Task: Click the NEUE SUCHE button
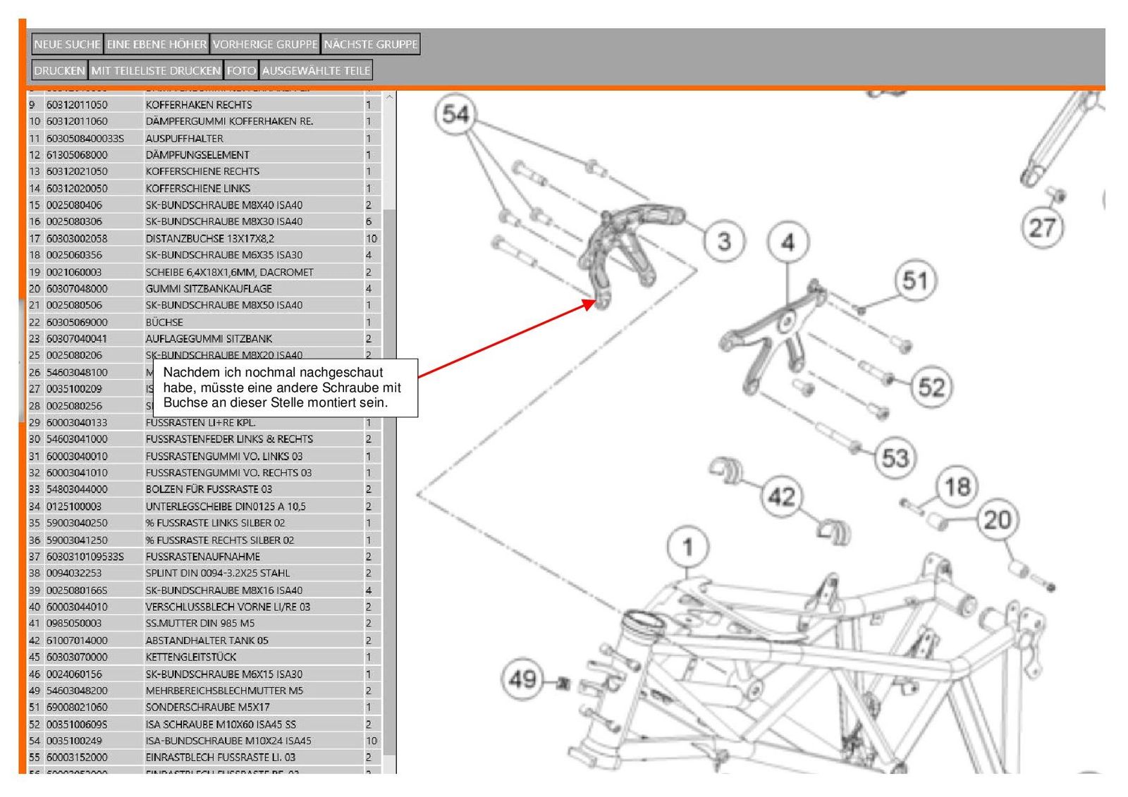[67, 44]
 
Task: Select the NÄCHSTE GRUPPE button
[371, 44]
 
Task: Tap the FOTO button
[241, 70]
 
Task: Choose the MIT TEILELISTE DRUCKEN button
[156, 70]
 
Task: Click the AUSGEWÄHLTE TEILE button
[316, 70]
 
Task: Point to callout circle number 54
[455, 114]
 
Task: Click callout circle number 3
[724, 241]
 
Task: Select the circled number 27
[1042, 228]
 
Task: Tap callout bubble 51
[915, 280]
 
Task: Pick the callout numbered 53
[895, 458]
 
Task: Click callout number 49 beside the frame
[522, 679]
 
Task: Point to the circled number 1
[688, 547]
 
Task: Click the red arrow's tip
[595, 302]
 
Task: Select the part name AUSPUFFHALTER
[184, 138]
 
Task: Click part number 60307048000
[77, 288]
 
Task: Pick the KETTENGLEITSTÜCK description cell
[191, 657]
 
